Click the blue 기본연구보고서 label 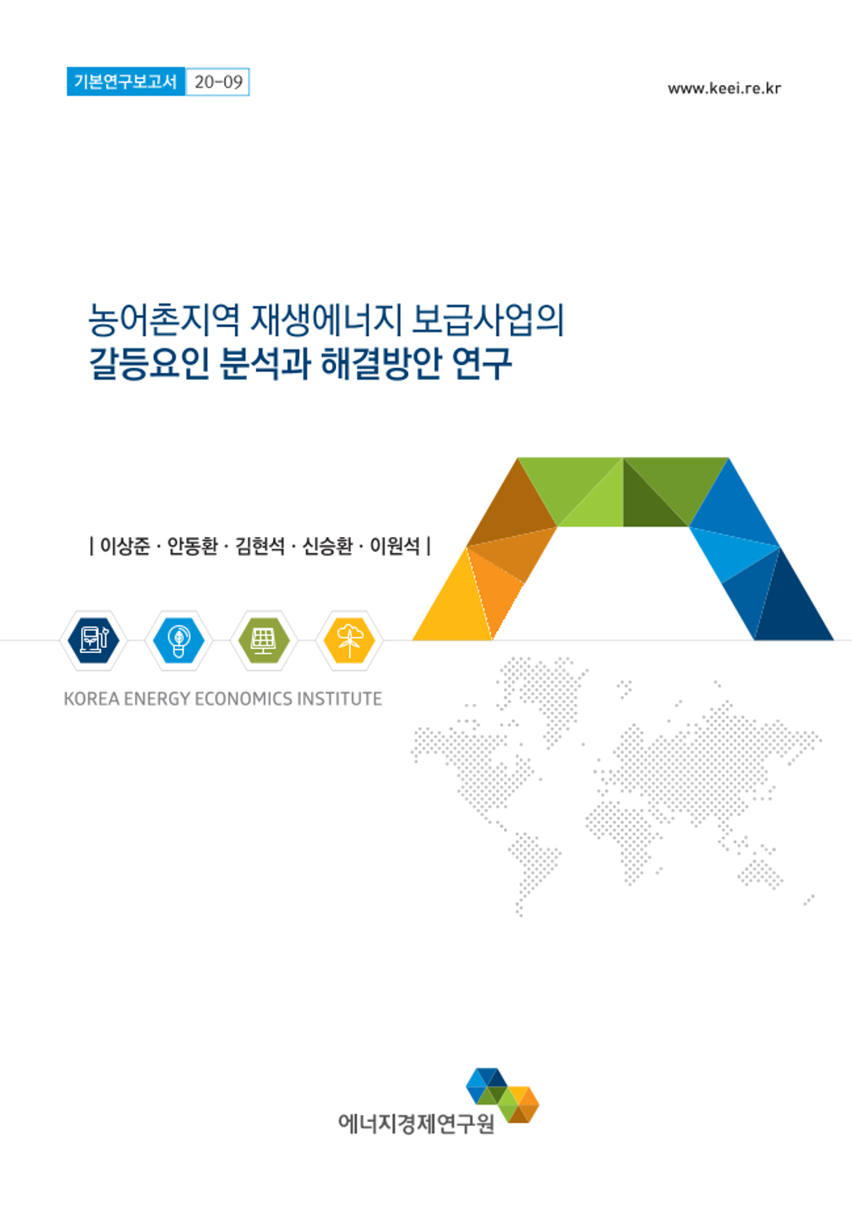(x=126, y=82)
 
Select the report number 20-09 (x=218, y=82)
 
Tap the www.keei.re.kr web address (x=724, y=88)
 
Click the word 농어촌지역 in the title (x=164, y=320)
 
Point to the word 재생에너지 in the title (x=326, y=320)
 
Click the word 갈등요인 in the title (x=148, y=363)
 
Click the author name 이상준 (x=126, y=546)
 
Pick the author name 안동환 (x=193, y=546)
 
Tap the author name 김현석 (x=260, y=546)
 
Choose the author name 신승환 (x=327, y=546)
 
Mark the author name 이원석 (x=394, y=546)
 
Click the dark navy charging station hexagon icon (x=93, y=640)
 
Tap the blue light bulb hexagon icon (x=178, y=640)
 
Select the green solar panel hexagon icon (x=263, y=640)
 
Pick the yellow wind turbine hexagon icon (x=349, y=640)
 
